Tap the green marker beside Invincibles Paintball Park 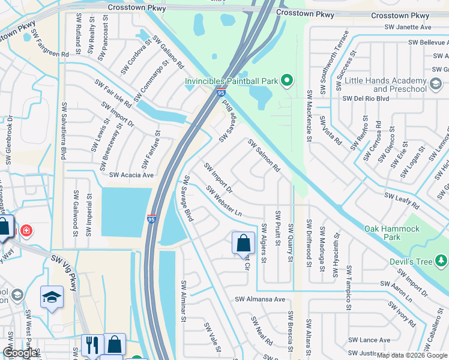(287, 80)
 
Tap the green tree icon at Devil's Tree (441, 260)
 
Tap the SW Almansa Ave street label (259, 299)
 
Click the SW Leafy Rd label (402, 200)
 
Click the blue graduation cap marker (52, 296)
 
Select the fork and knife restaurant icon (92, 344)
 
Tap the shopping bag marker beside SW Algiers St (243, 243)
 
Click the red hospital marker (26, 230)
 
